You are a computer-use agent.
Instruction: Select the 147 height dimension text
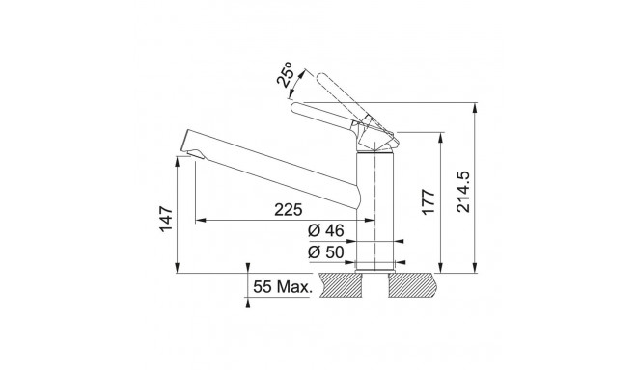click(x=165, y=220)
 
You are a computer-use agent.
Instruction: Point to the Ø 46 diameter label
click(x=326, y=231)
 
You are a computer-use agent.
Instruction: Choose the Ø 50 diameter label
click(x=326, y=252)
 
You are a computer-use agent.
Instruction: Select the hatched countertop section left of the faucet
click(x=342, y=286)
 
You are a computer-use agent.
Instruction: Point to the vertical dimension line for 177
click(x=442, y=202)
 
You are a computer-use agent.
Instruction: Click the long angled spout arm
click(x=270, y=164)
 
